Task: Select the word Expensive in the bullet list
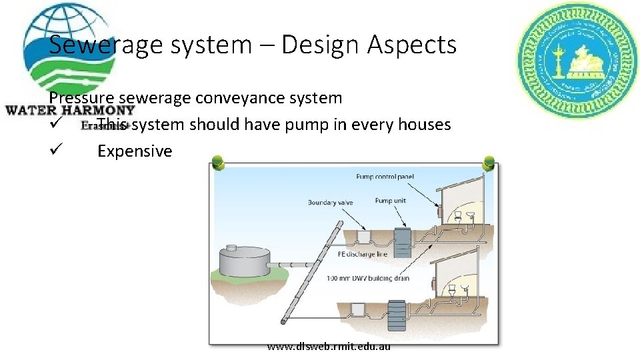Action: coord(135,151)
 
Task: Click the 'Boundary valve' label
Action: coord(331,202)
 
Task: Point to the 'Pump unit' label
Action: coord(391,200)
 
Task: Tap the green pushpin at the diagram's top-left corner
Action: coord(216,162)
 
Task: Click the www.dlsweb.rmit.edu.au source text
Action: coord(329,346)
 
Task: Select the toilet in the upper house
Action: coord(459,216)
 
